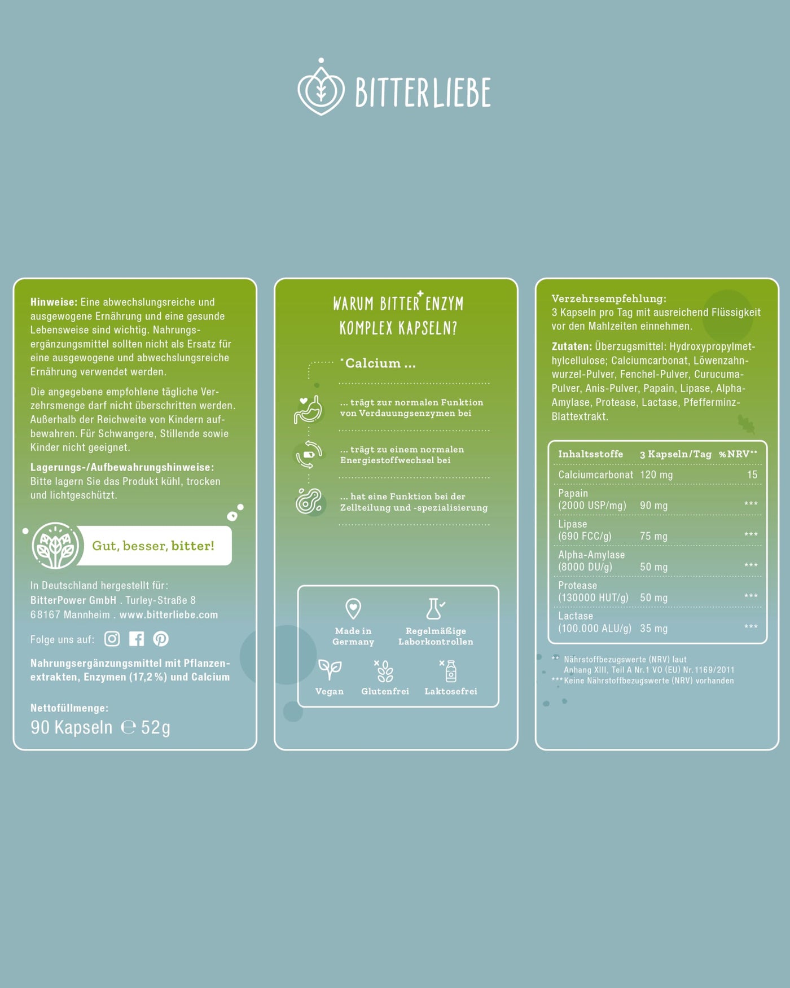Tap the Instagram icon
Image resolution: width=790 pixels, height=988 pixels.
point(112,639)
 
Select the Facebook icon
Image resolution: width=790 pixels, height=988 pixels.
point(137,639)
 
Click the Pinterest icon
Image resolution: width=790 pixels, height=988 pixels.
point(161,639)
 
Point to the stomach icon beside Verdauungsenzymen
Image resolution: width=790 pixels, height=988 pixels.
point(308,409)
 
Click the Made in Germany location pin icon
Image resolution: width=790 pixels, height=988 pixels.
point(353,609)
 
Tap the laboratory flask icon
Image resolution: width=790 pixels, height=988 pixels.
point(435,609)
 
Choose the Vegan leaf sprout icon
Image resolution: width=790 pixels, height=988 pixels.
point(330,670)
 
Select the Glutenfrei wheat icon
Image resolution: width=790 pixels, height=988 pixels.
point(384,671)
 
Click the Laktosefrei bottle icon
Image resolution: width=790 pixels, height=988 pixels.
point(450,671)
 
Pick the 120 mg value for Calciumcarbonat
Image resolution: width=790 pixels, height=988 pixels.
point(656,475)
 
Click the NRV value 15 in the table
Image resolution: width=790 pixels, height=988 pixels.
point(752,475)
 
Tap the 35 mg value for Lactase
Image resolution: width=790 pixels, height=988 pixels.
point(653,629)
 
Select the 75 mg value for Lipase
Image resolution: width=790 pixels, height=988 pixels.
point(653,537)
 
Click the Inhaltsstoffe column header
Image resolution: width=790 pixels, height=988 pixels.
point(591,454)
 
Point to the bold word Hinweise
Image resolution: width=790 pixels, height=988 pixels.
point(54,302)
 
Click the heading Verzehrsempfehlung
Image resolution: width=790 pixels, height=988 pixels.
point(609,299)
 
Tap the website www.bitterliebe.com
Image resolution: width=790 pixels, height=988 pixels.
point(169,615)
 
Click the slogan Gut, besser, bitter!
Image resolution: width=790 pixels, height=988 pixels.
point(153,546)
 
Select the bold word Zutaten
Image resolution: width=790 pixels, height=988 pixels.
point(572,346)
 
